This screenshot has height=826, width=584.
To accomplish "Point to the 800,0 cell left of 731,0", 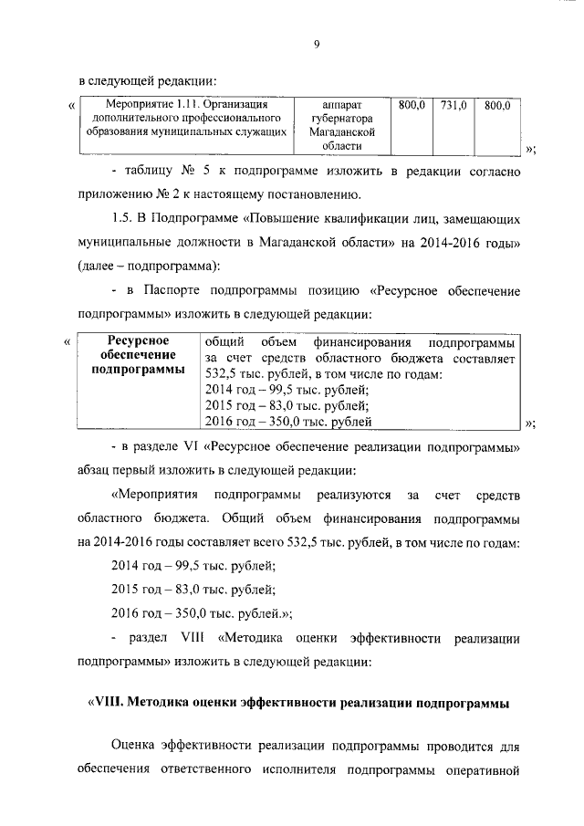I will (x=412, y=106).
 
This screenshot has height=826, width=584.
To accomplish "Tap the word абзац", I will (x=97, y=471).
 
